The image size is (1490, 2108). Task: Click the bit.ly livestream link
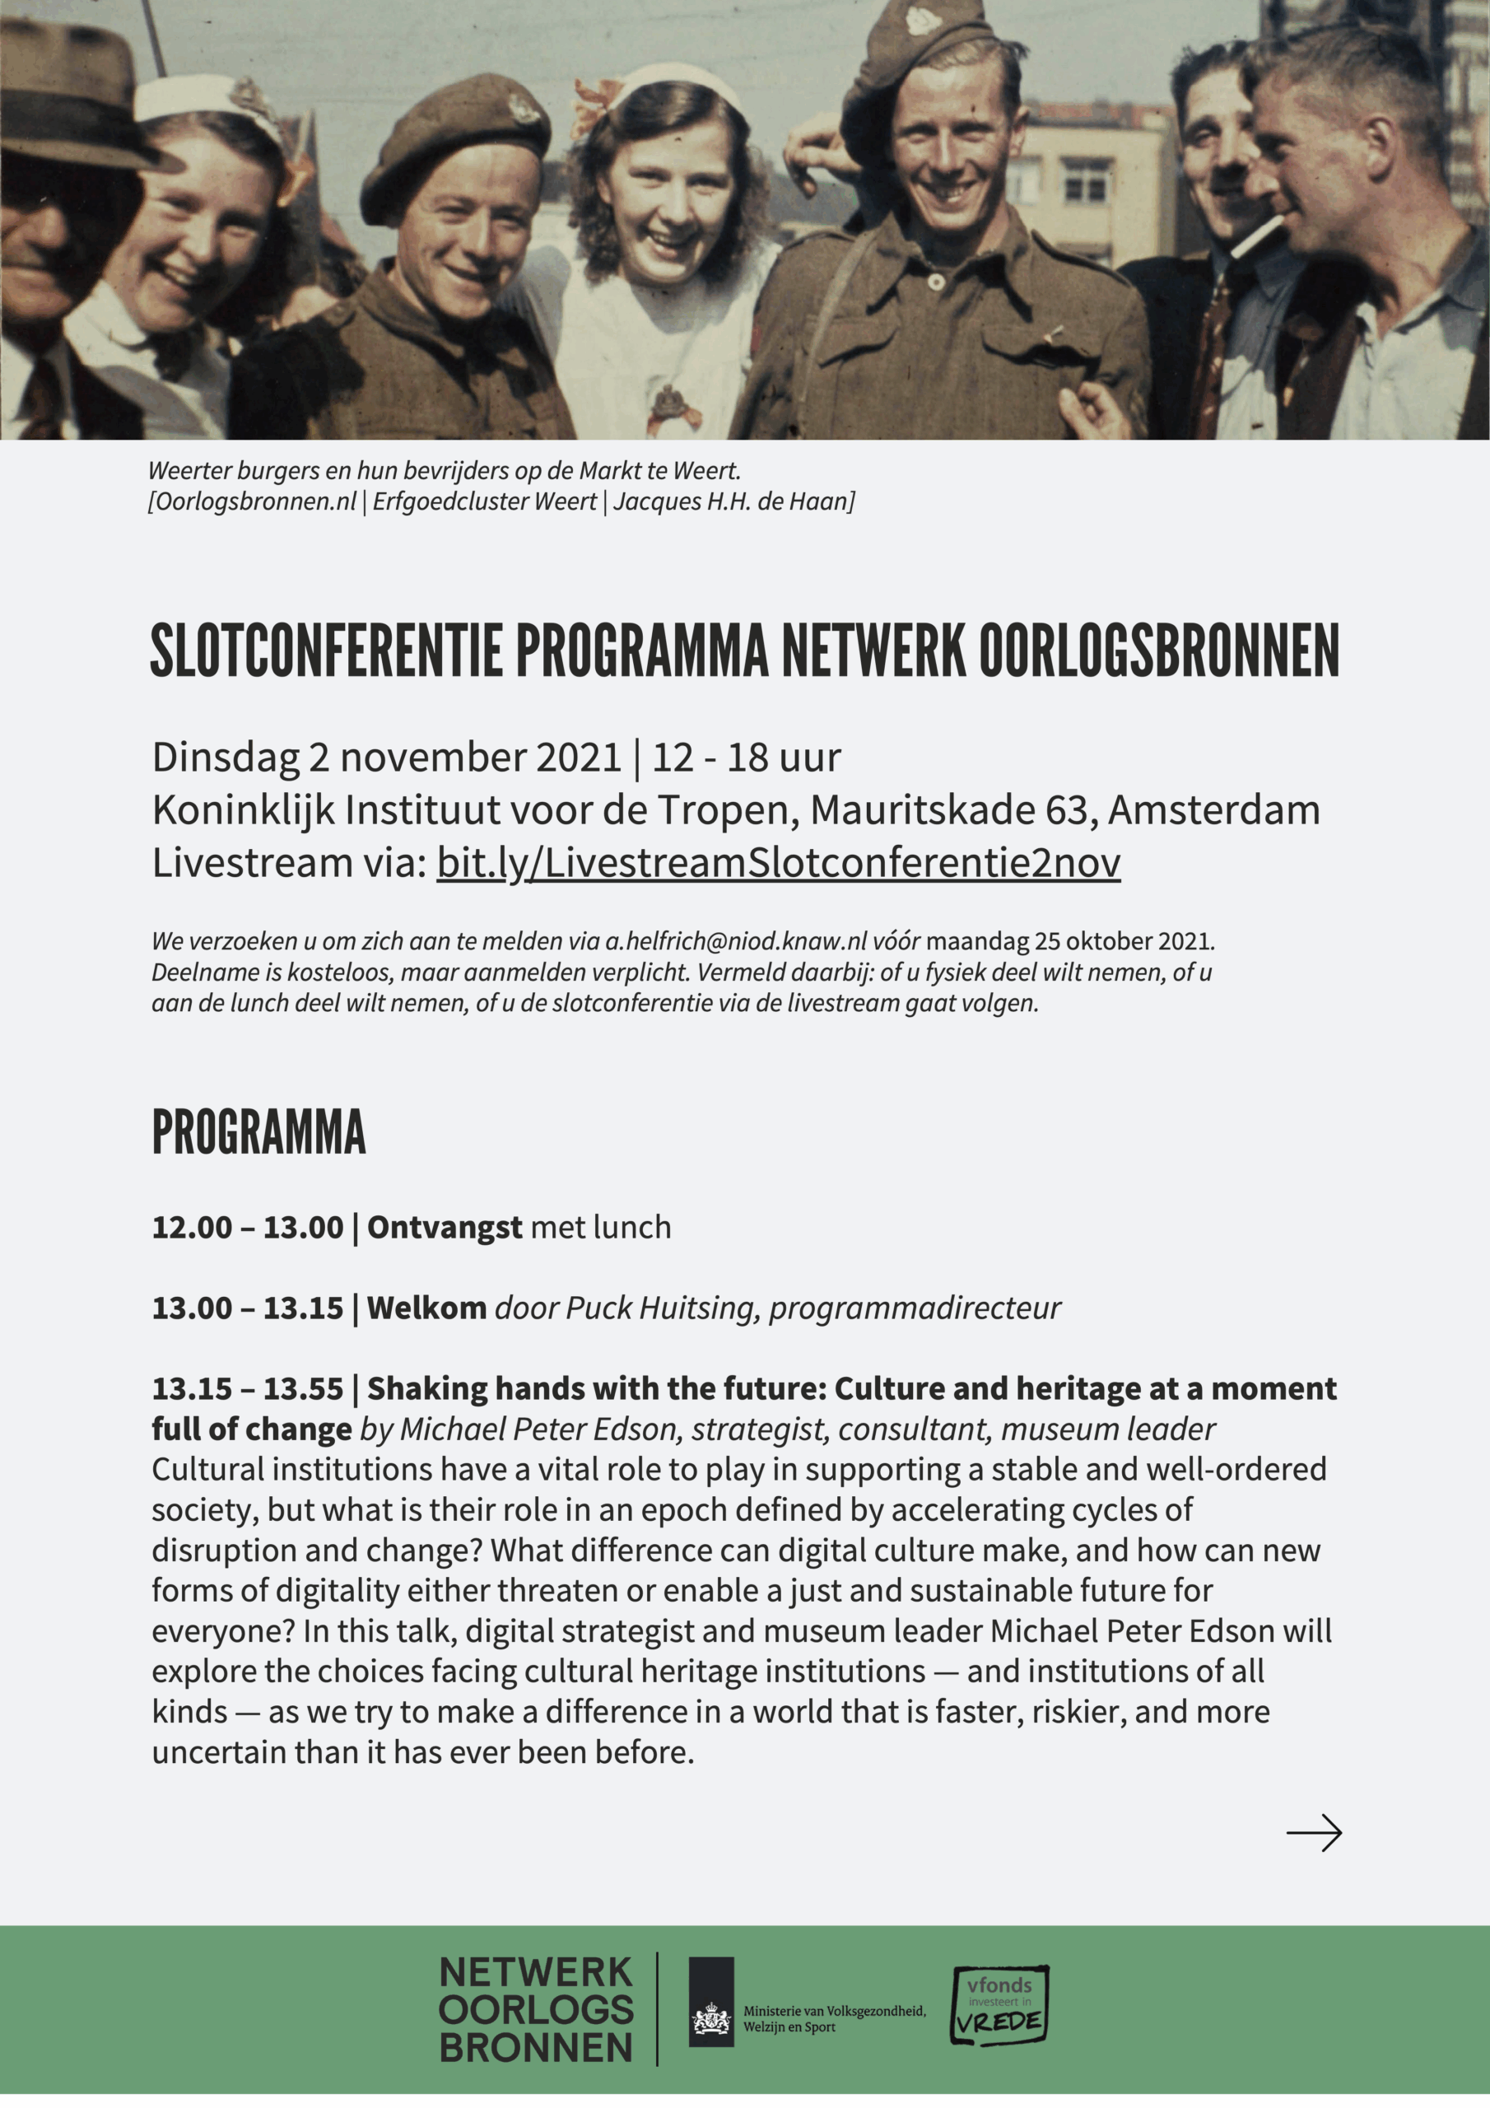pyautogui.click(x=778, y=863)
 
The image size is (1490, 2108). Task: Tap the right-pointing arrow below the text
pyautogui.click(x=1314, y=1833)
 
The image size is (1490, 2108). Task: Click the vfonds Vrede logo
pyautogui.click(x=999, y=2005)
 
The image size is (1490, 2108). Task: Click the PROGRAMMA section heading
pyautogui.click(x=258, y=1132)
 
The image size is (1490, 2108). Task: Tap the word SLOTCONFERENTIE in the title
pyautogui.click(x=326, y=651)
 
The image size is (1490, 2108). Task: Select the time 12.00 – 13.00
pyautogui.click(x=248, y=1228)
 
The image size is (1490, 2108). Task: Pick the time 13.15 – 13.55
pyautogui.click(x=248, y=1388)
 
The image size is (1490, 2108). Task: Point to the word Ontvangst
pyautogui.click(x=445, y=1228)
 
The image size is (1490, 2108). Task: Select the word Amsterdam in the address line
pyautogui.click(x=1213, y=809)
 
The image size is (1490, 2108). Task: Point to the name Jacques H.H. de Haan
pyautogui.click(x=733, y=501)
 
